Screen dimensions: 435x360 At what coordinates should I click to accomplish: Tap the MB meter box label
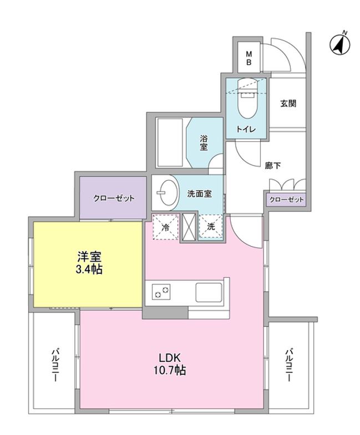pyautogui.click(x=249, y=58)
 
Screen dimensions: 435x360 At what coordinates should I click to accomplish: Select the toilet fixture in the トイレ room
pyautogui.click(x=245, y=100)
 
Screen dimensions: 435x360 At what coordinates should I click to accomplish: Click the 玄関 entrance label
pyautogui.click(x=287, y=103)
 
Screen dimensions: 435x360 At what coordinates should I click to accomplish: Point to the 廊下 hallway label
pyautogui.click(x=272, y=165)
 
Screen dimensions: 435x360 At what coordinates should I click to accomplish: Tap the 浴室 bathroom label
pyautogui.click(x=204, y=142)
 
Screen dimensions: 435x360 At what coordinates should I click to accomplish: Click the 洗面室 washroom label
pyautogui.click(x=198, y=195)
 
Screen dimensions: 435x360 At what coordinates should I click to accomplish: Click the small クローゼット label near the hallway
pyautogui.click(x=286, y=200)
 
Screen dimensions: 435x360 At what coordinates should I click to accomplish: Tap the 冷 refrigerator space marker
pyautogui.click(x=165, y=227)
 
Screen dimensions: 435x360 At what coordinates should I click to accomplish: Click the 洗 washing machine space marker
pyautogui.click(x=211, y=227)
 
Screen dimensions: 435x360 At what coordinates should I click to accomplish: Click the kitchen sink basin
pyautogui.click(x=208, y=290)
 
